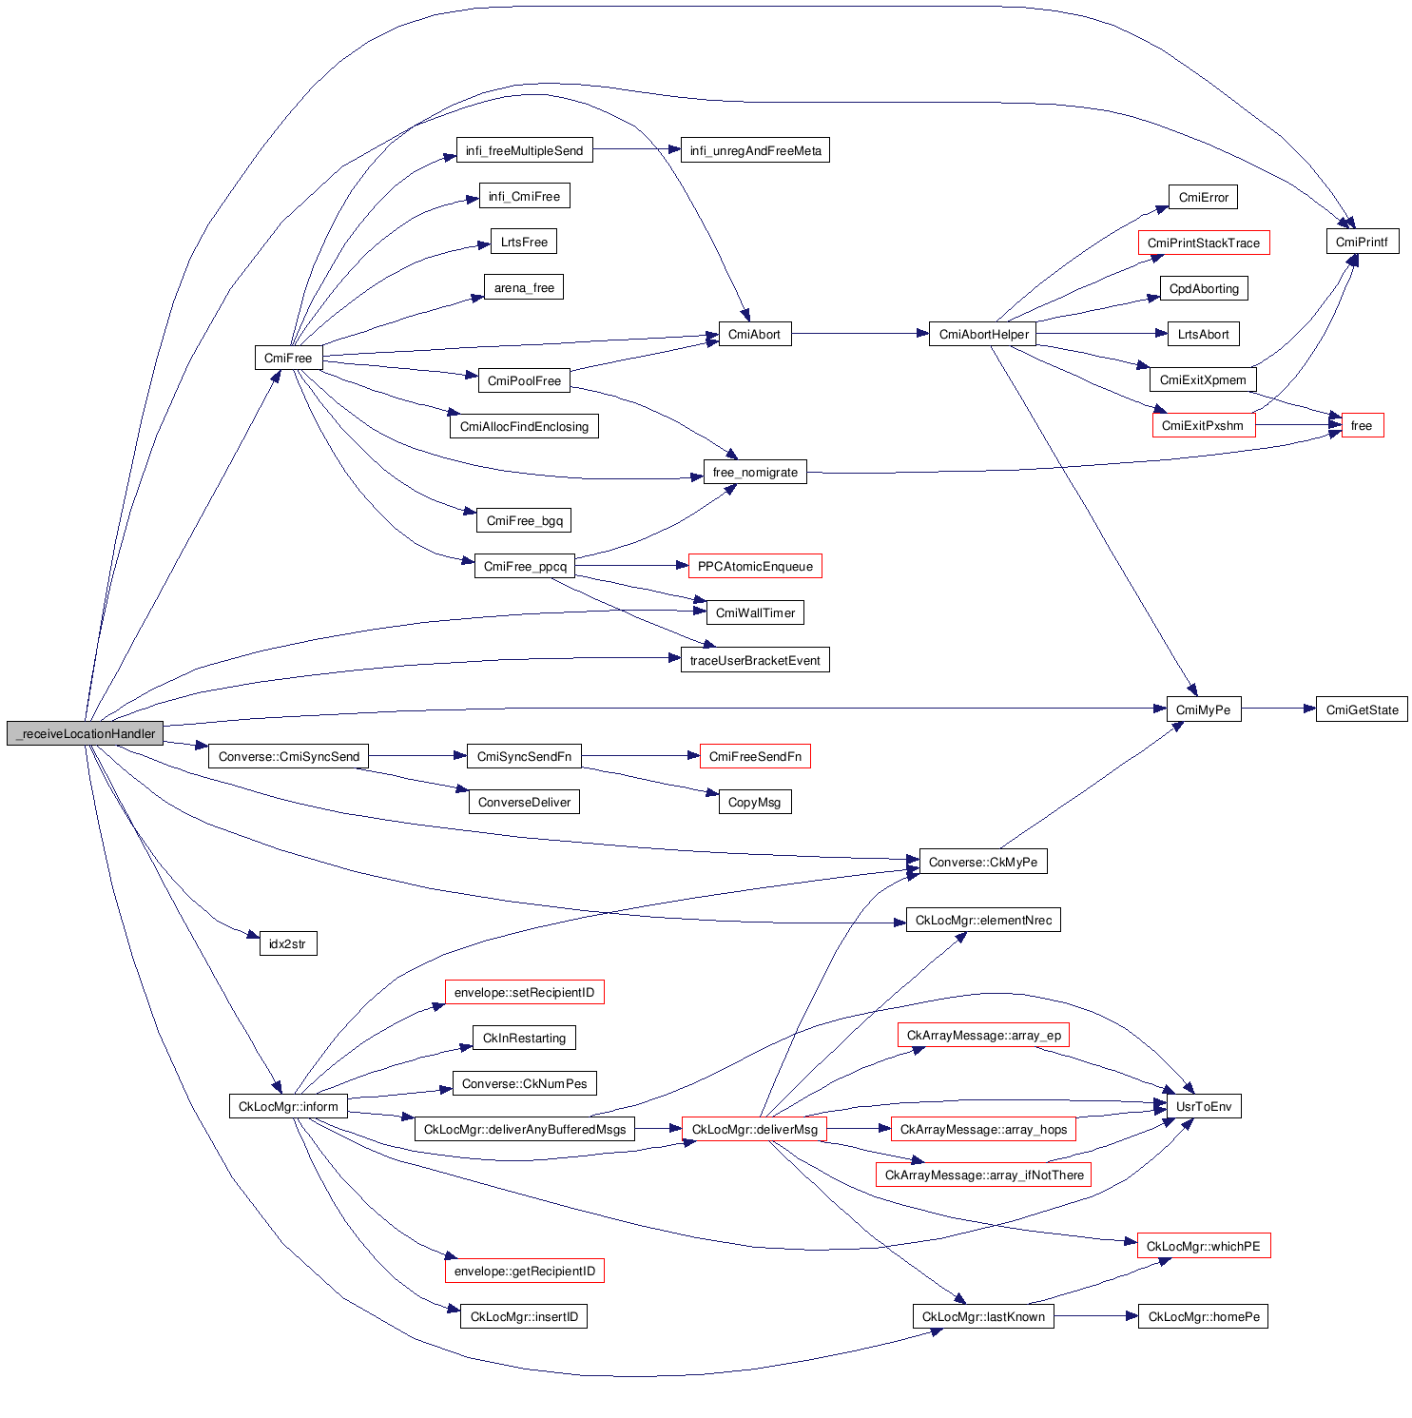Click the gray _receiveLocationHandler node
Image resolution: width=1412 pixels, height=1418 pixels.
click(86, 733)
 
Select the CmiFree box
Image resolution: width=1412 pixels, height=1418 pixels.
click(288, 358)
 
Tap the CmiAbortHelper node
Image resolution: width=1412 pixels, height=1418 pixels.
click(983, 334)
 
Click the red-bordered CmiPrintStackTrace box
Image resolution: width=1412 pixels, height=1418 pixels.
click(1203, 243)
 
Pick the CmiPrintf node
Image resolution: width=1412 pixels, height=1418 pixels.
click(1362, 242)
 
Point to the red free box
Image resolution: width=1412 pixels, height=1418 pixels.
click(1362, 425)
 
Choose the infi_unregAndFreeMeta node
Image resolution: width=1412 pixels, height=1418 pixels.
click(755, 150)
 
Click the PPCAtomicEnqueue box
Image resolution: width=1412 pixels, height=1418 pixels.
click(755, 566)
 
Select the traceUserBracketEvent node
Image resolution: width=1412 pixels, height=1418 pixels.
click(755, 660)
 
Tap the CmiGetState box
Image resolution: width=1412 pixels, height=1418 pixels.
click(1362, 709)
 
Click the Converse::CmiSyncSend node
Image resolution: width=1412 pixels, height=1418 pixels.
click(289, 756)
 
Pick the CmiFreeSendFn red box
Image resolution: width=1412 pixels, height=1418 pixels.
click(755, 756)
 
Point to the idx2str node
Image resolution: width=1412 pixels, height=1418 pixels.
click(287, 943)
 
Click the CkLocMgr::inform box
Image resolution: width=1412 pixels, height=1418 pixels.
click(288, 1106)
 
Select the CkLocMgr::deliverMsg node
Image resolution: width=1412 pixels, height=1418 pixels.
click(754, 1129)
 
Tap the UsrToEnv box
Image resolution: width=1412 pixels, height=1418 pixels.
click(1203, 1106)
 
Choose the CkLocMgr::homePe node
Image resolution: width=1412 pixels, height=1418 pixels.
click(1203, 1316)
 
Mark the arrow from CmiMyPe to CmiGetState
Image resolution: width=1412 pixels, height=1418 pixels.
click(1278, 709)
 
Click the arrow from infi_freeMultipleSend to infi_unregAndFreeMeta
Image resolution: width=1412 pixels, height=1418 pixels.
click(636, 149)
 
